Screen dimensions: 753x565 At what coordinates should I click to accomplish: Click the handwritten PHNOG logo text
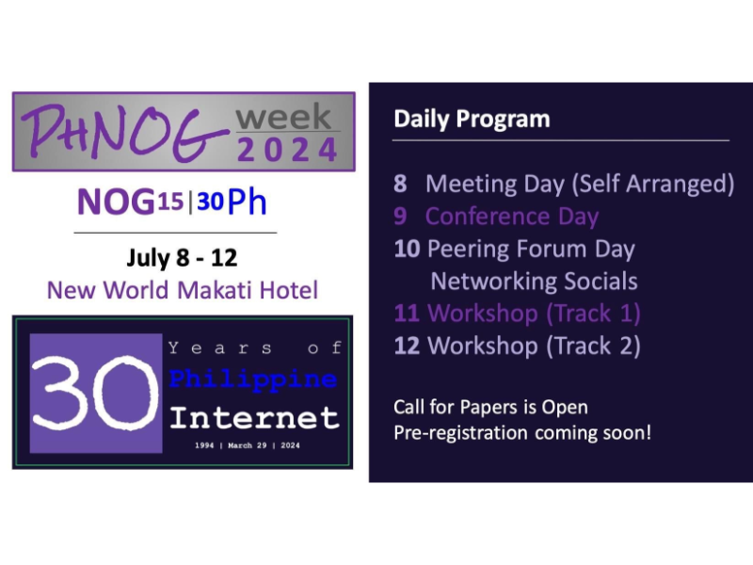click(125, 133)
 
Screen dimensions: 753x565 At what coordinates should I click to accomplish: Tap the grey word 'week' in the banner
click(283, 116)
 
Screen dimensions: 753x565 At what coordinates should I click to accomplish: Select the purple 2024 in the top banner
click(287, 150)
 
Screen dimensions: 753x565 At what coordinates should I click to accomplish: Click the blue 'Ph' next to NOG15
click(247, 202)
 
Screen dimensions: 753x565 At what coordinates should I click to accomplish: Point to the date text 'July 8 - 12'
click(182, 258)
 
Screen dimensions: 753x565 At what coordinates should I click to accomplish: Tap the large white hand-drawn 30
click(95, 393)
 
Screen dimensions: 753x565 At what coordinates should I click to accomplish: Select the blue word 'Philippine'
click(253, 379)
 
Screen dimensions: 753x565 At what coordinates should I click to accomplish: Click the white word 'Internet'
click(254, 417)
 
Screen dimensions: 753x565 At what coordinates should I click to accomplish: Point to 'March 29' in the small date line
click(248, 445)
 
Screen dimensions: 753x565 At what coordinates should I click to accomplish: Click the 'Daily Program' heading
click(472, 119)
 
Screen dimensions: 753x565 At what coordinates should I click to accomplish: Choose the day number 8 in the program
click(400, 184)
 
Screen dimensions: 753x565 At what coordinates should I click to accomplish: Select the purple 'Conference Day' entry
click(512, 217)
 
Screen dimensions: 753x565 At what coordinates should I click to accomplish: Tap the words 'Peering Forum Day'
click(531, 250)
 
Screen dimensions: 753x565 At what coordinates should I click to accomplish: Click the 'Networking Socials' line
click(534, 281)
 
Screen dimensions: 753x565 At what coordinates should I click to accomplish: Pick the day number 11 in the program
click(407, 314)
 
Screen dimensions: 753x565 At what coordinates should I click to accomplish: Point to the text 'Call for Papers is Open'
click(490, 408)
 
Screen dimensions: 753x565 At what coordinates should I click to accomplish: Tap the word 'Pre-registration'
click(460, 433)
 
